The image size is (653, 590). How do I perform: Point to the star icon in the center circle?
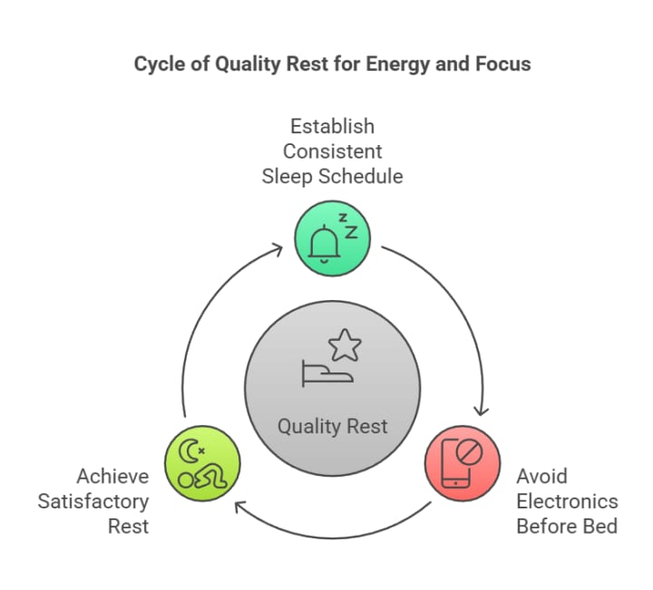[345, 345]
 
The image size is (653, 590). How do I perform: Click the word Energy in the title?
[396, 64]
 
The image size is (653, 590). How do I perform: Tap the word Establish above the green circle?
[332, 125]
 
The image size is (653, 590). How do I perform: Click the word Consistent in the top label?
[332, 150]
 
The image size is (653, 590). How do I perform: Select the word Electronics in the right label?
[567, 501]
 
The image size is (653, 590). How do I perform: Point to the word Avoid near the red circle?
[541, 476]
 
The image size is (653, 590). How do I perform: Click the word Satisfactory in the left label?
[93, 501]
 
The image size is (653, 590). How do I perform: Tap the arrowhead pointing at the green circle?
[278, 246]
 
